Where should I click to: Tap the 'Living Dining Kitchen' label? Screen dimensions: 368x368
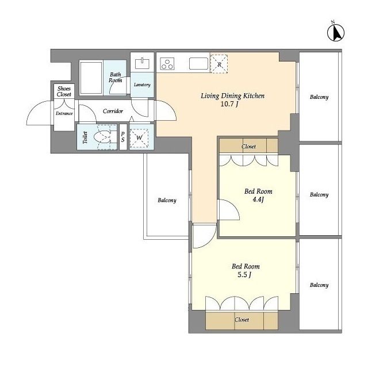point(232,96)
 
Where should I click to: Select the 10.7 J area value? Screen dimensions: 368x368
point(232,105)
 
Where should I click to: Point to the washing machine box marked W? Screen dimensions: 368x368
point(139,138)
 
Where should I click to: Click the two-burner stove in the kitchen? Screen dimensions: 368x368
point(167,64)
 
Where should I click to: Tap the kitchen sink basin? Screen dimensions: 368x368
point(198,64)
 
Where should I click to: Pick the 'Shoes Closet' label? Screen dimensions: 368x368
point(64,91)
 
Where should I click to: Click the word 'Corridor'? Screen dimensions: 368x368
point(113,111)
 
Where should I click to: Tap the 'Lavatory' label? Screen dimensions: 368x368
point(142,85)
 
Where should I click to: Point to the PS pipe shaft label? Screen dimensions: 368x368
point(122,137)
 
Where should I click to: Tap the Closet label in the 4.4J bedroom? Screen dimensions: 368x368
point(248,147)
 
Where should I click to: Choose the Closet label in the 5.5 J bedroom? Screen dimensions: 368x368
point(241,319)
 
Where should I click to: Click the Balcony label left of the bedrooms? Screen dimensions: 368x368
point(167,201)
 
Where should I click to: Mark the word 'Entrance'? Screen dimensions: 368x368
point(64,113)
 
